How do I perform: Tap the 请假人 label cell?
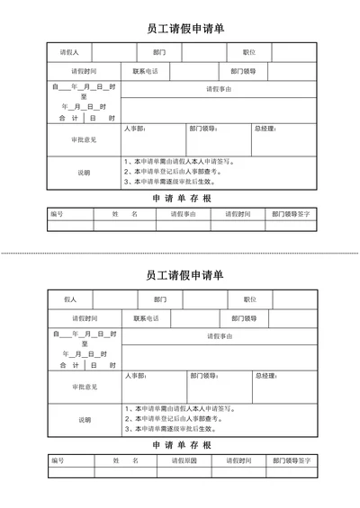pyautogui.click(x=69, y=52)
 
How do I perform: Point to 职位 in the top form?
pyautogui.click(x=249, y=52)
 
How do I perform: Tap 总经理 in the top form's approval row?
pyautogui.click(x=265, y=129)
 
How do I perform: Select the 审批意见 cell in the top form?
pyautogui.click(x=84, y=139)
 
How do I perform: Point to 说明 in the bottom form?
pyautogui.click(x=84, y=420)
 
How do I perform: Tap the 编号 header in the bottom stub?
pyautogui.click(x=58, y=460)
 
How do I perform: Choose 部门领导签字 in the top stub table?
pyautogui.click(x=292, y=214)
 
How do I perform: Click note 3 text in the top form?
pyautogui.click(x=171, y=181)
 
